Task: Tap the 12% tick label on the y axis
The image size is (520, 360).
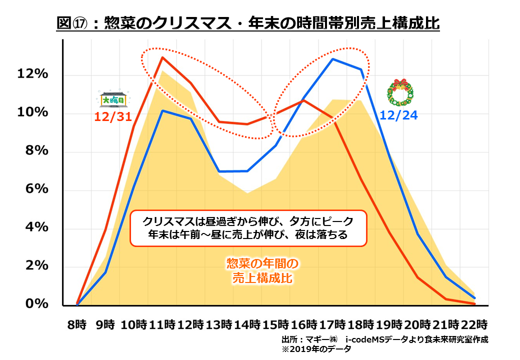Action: coord(34,75)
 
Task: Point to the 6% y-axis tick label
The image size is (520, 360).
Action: coord(37,189)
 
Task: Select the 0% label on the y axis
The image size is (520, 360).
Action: coord(37,304)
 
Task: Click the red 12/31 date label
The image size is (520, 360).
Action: coord(113,117)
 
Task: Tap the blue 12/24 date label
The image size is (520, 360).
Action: coord(398,116)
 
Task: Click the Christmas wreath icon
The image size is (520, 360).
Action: coord(400,92)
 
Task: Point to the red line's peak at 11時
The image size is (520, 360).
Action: coord(162,57)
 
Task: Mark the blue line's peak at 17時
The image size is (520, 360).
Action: coord(332,59)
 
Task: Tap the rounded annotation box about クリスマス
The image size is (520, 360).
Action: coord(248,228)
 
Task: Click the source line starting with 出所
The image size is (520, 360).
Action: coord(384,339)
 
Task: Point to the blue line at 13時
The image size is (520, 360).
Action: coord(219,171)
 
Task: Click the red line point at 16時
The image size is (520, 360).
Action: coord(304,100)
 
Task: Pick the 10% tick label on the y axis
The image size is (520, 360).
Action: coord(34,113)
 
